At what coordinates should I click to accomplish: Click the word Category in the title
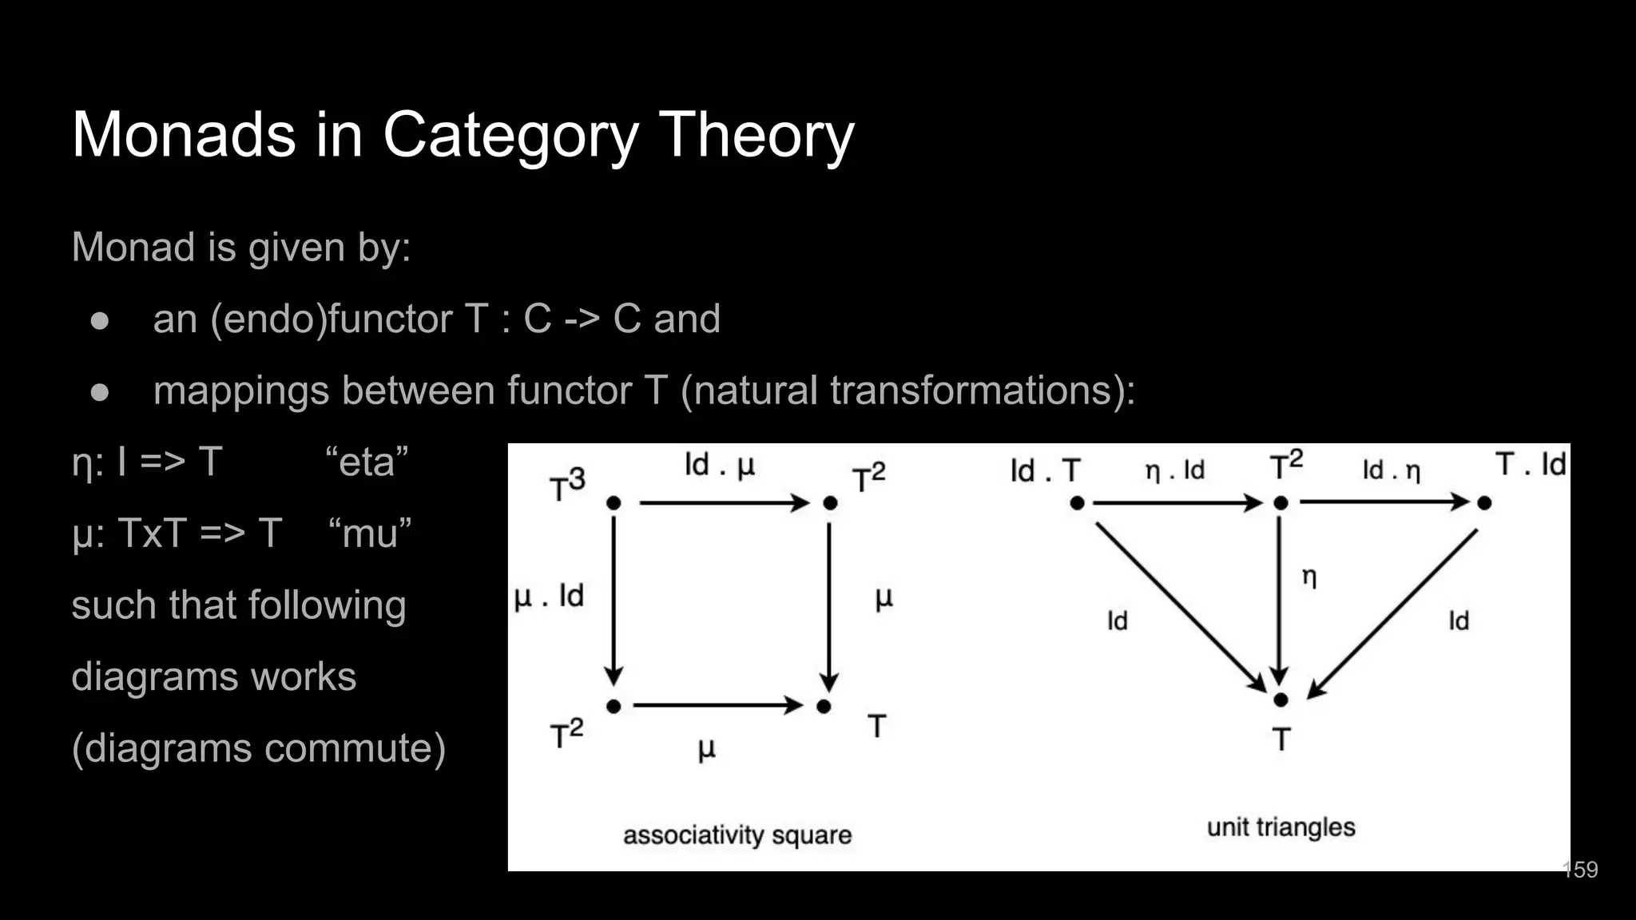[510, 136]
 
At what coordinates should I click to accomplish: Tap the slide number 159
[1580, 870]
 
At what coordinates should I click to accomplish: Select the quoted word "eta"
[367, 462]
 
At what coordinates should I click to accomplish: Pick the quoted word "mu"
[369, 533]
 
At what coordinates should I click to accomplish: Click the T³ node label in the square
[567, 486]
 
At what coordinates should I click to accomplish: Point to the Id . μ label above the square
[719, 465]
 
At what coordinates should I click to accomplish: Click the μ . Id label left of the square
[549, 596]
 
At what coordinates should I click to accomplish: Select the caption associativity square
[737, 835]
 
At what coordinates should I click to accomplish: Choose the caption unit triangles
[1281, 827]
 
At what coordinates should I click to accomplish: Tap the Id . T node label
[1045, 470]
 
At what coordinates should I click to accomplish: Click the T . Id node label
[1531, 464]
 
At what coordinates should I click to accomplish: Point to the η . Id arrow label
[1174, 470]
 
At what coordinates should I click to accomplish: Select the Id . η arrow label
[1391, 470]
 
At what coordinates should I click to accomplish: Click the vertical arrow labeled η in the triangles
[1280, 599]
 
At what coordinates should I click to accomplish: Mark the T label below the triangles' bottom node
[1281, 740]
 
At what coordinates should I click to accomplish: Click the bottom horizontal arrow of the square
[717, 705]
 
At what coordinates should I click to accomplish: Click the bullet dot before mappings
[100, 391]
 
